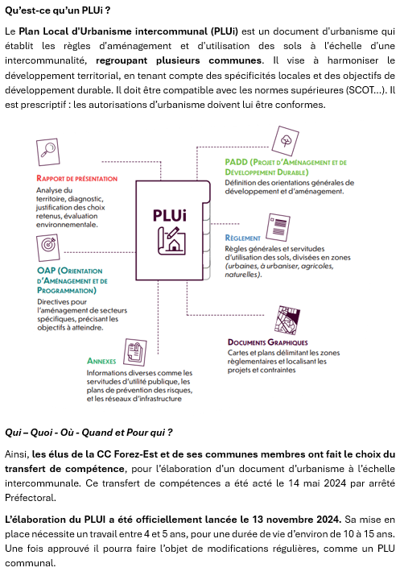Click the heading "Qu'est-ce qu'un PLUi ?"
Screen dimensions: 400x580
click(x=57, y=10)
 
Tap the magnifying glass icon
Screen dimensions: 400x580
click(x=48, y=151)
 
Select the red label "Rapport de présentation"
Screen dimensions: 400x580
click(x=77, y=178)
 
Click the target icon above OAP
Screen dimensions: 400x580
click(x=48, y=247)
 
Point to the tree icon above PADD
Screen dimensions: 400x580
click(x=286, y=141)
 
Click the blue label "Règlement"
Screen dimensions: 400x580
click(x=242, y=238)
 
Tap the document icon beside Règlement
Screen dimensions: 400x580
click(x=278, y=227)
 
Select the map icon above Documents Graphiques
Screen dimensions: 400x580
click(x=287, y=320)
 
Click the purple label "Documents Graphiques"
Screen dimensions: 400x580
click(x=268, y=342)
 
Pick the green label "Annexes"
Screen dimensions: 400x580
click(x=101, y=361)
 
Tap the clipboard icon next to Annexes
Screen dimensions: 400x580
click(x=135, y=353)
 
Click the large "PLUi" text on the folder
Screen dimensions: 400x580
click(x=170, y=216)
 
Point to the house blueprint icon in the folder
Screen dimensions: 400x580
click(x=171, y=241)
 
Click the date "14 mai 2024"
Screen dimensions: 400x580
click(x=318, y=483)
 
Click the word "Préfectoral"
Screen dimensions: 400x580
click(x=31, y=498)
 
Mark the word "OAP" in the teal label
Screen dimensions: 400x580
click(x=46, y=271)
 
